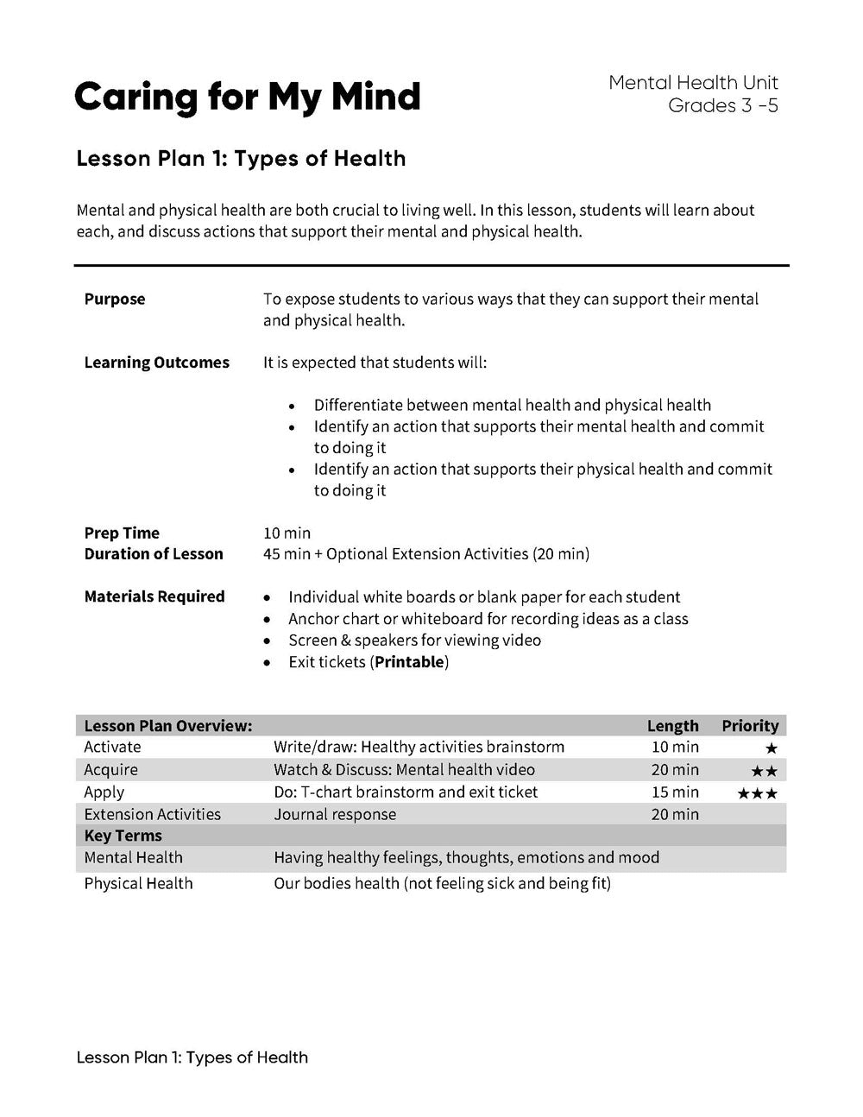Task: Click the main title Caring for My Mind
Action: coord(247,97)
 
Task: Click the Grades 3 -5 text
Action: coord(722,106)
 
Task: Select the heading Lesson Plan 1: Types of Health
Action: coord(241,159)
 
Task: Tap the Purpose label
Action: coord(115,300)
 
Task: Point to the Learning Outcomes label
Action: coord(156,363)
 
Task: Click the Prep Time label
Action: coord(122,533)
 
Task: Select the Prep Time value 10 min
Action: coord(287,533)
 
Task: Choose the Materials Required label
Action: coord(154,596)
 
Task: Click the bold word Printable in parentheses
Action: coord(410,662)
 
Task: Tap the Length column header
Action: coord(672,726)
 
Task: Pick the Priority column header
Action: coord(750,726)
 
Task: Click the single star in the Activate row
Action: coord(771,748)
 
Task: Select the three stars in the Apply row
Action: coord(757,793)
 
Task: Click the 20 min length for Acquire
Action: coord(675,770)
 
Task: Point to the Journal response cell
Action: coord(335,814)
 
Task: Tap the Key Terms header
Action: coord(123,836)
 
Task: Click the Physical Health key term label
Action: coord(138,883)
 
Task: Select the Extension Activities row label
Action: coord(152,814)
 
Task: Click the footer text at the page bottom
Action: coord(192,1057)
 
